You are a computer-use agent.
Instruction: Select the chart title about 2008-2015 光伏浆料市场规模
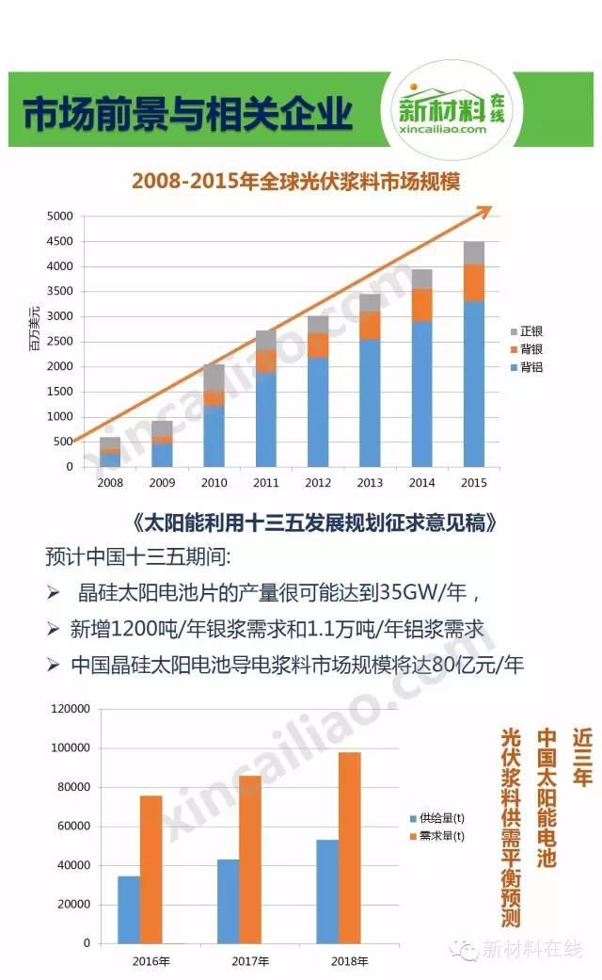pos(295,181)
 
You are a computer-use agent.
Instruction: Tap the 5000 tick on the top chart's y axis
pos(59,217)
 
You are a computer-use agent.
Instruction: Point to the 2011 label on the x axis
pos(266,481)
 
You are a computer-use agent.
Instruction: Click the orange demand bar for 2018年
pos(348,847)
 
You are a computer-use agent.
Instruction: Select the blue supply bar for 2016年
pos(129,909)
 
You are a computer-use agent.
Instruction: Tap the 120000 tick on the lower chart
pos(71,709)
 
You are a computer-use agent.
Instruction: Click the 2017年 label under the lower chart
pos(250,962)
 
